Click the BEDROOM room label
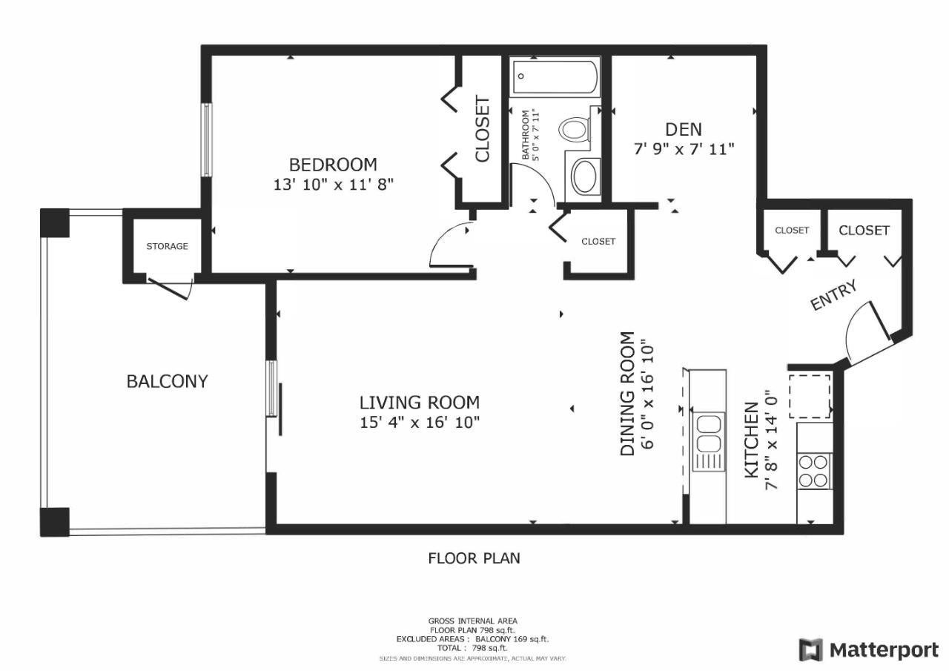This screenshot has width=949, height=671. tap(333, 165)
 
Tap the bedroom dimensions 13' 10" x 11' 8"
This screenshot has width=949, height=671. tap(334, 185)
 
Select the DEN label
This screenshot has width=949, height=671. tap(684, 130)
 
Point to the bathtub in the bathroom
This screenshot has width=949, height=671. tap(555, 78)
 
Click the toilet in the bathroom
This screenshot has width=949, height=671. tap(575, 129)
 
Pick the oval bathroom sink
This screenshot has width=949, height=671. tap(585, 176)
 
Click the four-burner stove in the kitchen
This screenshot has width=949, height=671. tap(813, 471)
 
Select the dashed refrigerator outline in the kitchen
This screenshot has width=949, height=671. tap(810, 396)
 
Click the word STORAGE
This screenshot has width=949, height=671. tap(167, 246)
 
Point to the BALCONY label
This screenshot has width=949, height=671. tap(167, 381)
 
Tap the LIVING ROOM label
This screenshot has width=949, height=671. tap(420, 403)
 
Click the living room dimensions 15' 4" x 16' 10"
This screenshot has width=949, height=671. tap(420, 423)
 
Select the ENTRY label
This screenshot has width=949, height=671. tap(833, 295)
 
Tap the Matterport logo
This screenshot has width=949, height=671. tap(868, 649)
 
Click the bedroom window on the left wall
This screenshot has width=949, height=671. tap(206, 140)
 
